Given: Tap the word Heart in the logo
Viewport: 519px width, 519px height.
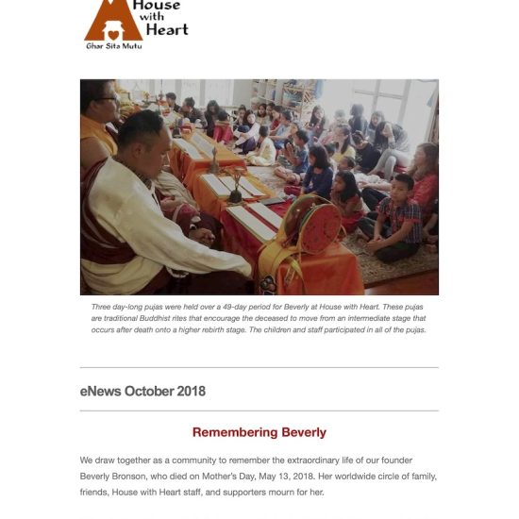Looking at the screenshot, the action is coord(166,28).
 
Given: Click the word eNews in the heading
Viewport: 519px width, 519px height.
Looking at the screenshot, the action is coord(100,391).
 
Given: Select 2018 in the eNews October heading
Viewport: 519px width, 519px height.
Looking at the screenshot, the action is coord(189,391).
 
